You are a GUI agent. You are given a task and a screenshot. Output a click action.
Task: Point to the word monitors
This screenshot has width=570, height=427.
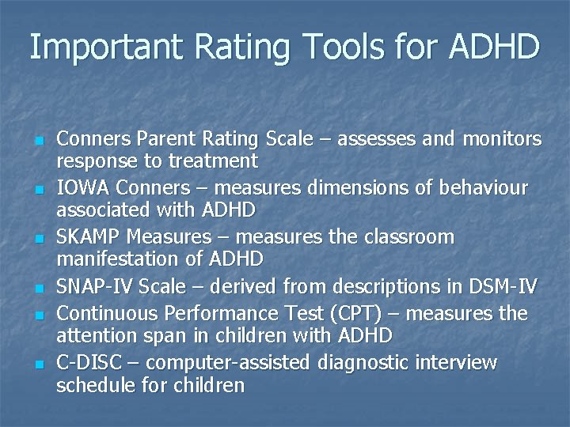click(501, 140)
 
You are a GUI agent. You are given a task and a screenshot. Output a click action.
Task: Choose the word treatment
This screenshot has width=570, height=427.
click(217, 161)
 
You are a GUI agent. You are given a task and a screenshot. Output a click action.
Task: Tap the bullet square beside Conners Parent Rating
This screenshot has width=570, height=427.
click(38, 142)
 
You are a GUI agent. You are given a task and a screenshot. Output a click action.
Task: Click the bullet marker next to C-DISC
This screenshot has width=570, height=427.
click(38, 365)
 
